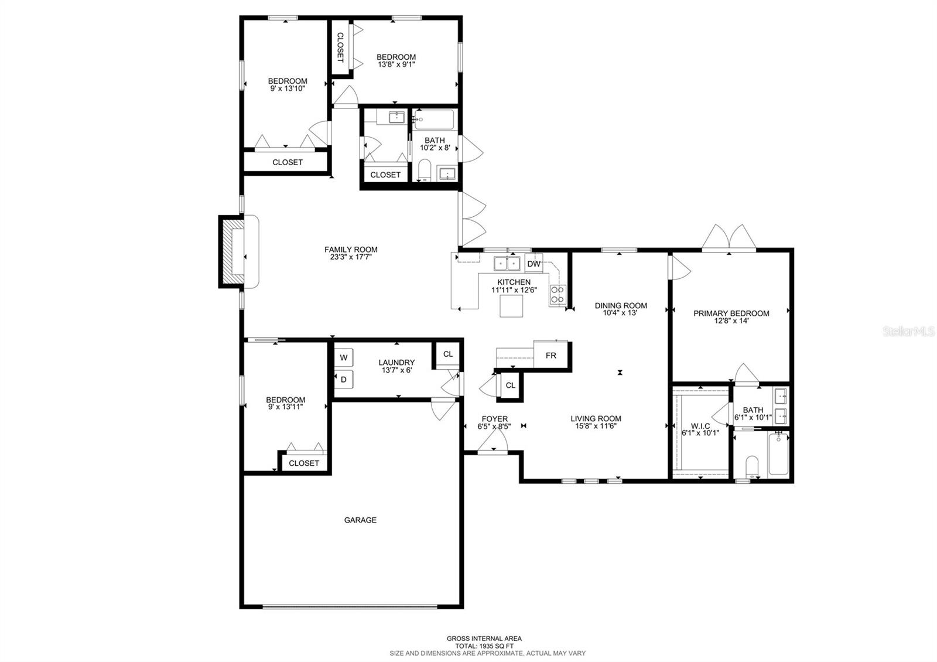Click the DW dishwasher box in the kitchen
[x=534, y=264]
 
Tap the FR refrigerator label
[x=550, y=355]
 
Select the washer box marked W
[x=344, y=357]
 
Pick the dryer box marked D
[x=344, y=380]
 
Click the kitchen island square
[x=511, y=305]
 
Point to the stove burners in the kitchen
[x=558, y=295]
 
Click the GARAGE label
[x=360, y=520]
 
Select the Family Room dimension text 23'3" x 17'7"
[x=351, y=257]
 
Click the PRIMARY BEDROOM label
[x=731, y=313]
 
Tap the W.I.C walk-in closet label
[x=700, y=426]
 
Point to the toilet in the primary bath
[x=751, y=467]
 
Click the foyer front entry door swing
[x=493, y=441]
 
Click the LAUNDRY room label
[x=396, y=363]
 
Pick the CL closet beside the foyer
[x=510, y=385]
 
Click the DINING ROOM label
[x=621, y=305]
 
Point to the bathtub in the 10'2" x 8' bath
[x=434, y=120]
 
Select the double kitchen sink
[x=507, y=264]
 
